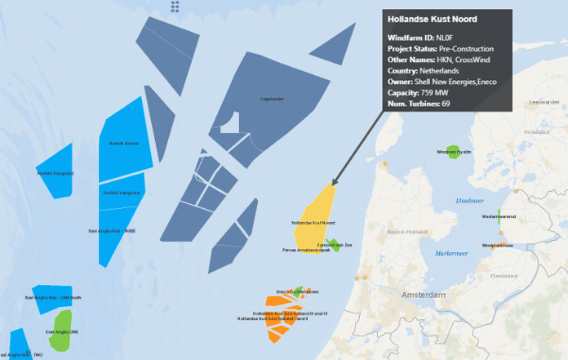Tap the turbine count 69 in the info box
tap(446, 104)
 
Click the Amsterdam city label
tap(423, 295)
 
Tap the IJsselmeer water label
tap(471, 200)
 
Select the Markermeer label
tap(451, 254)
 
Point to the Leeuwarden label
tap(544, 102)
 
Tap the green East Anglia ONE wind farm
tap(60, 336)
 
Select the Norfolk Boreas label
tap(123, 143)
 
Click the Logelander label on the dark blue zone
tap(272, 99)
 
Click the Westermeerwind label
tap(499, 216)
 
